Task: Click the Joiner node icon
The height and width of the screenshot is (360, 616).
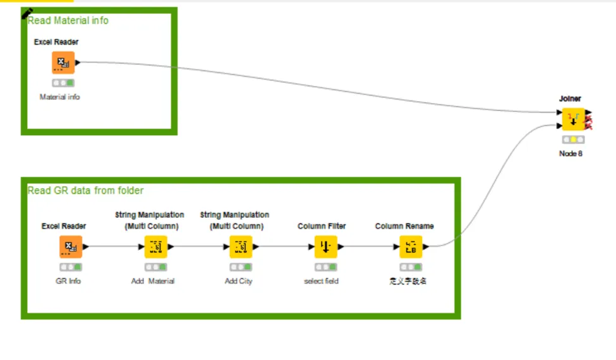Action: point(573,119)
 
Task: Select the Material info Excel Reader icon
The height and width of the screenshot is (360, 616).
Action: point(63,63)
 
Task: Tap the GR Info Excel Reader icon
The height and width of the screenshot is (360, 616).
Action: point(70,247)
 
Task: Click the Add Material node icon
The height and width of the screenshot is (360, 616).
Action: point(155,247)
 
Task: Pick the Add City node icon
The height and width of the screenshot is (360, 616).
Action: point(241,247)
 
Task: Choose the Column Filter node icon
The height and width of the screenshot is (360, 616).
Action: point(325,247)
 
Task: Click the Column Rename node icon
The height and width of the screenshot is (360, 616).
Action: point(410,247)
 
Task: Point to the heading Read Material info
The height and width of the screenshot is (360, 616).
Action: point(68,21)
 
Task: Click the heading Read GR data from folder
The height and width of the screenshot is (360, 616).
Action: point(85,190)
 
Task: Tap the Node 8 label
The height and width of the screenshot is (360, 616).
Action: point(571,154)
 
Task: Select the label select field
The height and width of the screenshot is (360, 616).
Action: point(321,281)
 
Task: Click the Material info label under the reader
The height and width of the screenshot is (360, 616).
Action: point(60,97)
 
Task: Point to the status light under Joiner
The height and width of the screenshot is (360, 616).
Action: point(573,140)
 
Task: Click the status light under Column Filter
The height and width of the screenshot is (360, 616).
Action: point(325,267)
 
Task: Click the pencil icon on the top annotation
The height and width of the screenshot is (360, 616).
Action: point(28,13)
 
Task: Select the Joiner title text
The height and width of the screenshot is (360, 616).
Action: point(570,99)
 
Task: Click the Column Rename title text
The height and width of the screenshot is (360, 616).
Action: point(404,226)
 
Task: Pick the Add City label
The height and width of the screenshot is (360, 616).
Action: point(238,281)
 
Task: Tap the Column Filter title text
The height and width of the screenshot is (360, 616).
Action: point(322,226)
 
